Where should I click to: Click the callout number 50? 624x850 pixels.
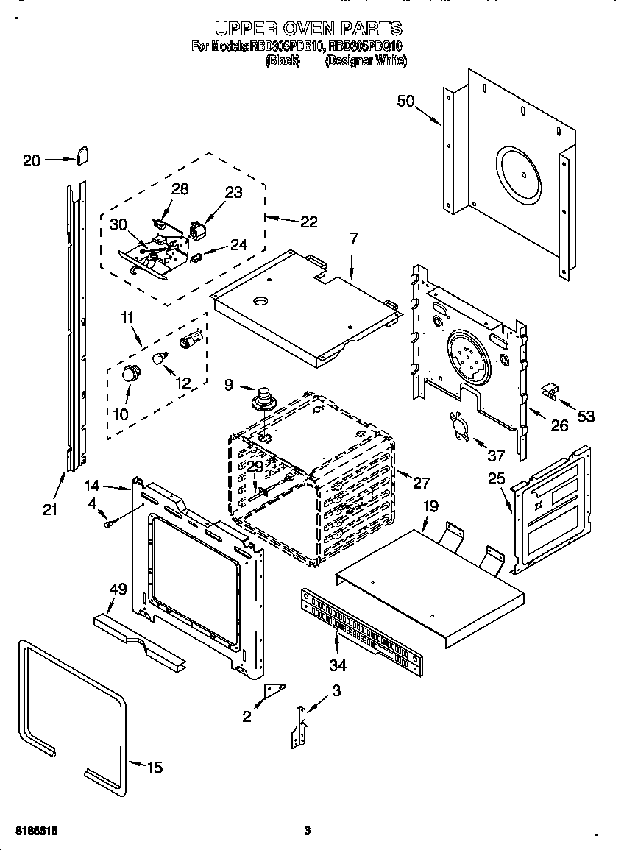(406, 101)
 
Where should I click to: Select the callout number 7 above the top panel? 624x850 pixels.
(354, 238)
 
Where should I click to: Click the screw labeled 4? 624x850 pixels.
(110, 523)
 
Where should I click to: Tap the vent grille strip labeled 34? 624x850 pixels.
(362, 630)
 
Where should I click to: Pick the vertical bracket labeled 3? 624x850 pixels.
(299, 728)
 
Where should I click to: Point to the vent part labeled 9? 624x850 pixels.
(263, 400)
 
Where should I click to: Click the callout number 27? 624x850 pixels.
(421, 483)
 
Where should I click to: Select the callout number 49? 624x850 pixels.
(118, 589)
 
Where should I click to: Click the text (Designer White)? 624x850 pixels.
(365, 62)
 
